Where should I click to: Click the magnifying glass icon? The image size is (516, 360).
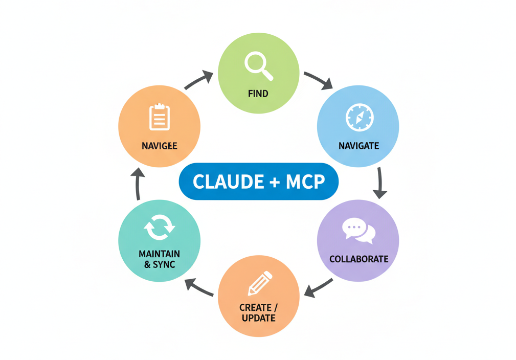coord(258,66)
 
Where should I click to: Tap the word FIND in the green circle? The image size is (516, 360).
coord(258,94)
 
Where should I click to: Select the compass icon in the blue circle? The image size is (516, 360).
coord(360,118)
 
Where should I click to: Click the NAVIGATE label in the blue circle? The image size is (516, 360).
coord(358,146)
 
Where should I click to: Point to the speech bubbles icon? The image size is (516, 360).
coord(358,231)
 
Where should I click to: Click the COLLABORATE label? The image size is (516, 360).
coord(358,259)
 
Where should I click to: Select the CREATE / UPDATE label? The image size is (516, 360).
coord(258,312)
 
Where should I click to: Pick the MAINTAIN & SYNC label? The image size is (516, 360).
coord(159,259)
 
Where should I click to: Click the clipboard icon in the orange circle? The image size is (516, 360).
coord(159,117)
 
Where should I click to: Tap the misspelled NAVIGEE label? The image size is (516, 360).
coord(159,146)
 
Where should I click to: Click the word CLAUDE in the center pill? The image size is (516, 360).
coord(222,181)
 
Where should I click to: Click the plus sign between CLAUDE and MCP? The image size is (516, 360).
coord(269,182)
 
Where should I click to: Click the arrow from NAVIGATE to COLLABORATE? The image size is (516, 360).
coord(379,182)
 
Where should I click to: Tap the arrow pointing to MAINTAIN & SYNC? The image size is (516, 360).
coord(199,287)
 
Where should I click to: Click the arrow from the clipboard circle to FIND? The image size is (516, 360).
coord(198,80)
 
